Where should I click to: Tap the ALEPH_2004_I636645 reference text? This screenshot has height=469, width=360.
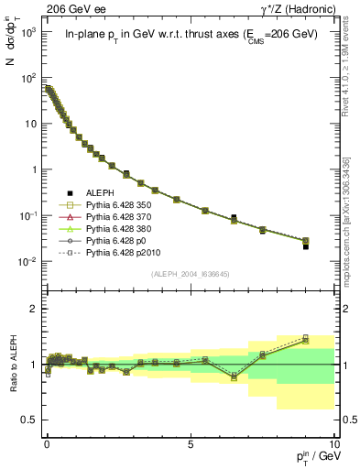190,274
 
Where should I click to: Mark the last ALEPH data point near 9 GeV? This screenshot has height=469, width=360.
306,246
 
